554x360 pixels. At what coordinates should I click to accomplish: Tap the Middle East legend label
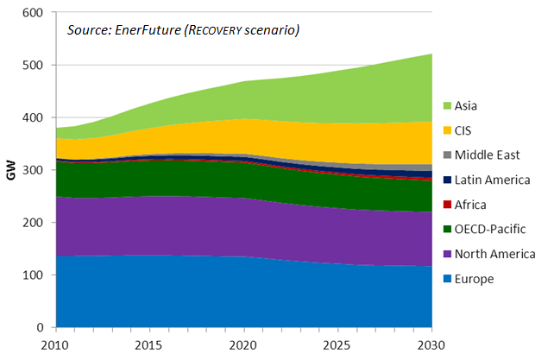pos(488,156)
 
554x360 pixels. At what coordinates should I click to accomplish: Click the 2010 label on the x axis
pos(56,346)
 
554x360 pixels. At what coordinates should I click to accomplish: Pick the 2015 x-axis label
pos(150,346)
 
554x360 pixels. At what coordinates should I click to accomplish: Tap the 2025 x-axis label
pos(337,346)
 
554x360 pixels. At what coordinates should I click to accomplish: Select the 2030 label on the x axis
pos(431,346)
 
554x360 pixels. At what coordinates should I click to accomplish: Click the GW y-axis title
pos(11,171)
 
